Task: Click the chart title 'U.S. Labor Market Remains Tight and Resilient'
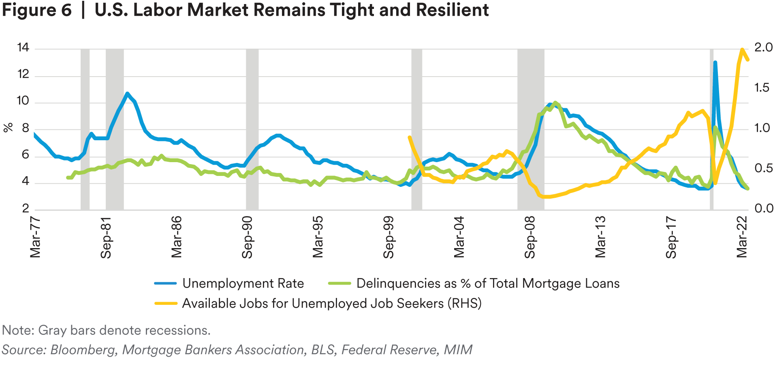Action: coord(291,11)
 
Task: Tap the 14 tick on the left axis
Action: coord(23,48)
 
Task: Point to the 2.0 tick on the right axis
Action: coord(763,48)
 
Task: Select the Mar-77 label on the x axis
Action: coord(36,237)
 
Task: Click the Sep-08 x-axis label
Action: coord(530,237)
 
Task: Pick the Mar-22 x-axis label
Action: coord(742,237)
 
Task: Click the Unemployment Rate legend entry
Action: coord(243,283)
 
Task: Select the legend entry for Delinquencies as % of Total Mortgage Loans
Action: coord(487,283)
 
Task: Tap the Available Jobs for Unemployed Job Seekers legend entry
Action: coord(331,303)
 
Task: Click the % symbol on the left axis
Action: coord(8,128)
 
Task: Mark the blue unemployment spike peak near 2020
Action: coord(715,63)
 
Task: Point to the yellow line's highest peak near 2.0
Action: coord(742,50)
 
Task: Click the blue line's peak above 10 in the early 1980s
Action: coord(127,94)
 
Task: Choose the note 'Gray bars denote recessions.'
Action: coord(106,330)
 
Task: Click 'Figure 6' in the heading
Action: coord(36,11)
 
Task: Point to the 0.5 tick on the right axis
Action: coord(763,168)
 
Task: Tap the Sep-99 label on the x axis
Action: coord(389,237)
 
